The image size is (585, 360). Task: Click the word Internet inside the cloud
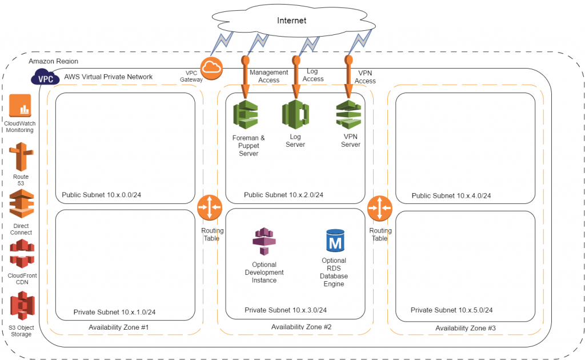pyautogui.click(x=291, y=21)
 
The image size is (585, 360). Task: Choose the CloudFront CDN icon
pyautogui.click(x=21, y=254)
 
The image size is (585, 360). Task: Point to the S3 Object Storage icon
pyautogui.click(x=22, y=305)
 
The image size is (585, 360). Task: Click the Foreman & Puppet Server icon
pyautogui.click(x=246, y=114)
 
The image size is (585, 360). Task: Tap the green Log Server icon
pyautogui.click(x=295, y=114)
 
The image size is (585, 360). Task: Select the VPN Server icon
pyautogui.click(x=348, y=114)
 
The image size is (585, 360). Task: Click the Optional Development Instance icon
pyautogui.click(x=264, y=241)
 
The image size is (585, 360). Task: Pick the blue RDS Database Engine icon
pyautogui.click(x=335, y=241)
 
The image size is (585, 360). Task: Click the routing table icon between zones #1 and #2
pyautogui.click(x=210, y=207)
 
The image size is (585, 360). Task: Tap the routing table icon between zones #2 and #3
pyautogui.click(x=380, y=207)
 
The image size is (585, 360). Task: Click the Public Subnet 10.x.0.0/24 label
pyautogui.click(x=101, y=195)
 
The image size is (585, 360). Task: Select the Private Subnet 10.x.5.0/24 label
pyautogui.click(x=451, y=310)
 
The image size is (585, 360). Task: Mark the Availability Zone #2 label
pyautogui.click(x=301, y=327)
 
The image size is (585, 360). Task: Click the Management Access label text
pyautogui.click(x=269, y=76)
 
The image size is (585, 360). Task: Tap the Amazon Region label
pyautogui.click(x=53, y=61)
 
